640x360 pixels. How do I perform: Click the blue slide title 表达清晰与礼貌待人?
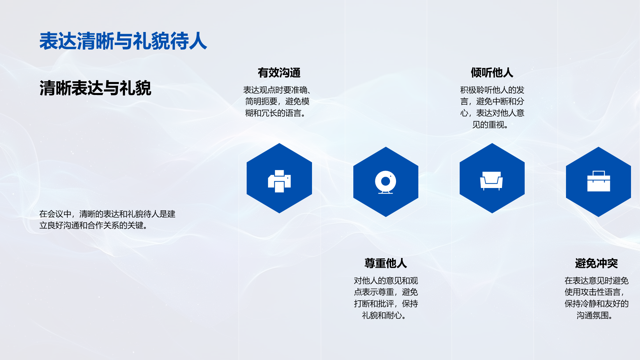(123, 41)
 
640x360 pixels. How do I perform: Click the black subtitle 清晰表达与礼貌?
(95, 88)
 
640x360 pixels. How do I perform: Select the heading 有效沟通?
(279, 73)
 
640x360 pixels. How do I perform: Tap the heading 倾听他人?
(492, 73)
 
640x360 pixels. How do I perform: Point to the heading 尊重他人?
(386, 263)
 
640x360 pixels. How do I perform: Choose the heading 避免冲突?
(596, 263)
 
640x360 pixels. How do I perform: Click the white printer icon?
(279, 181)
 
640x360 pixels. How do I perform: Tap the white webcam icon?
(386, 182)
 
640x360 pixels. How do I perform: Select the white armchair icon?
(491, 181)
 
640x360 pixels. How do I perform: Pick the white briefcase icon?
(599, 181)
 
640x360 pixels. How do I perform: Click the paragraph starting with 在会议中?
(107, 220)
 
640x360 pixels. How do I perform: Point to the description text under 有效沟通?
(277, 102)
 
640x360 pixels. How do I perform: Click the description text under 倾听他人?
(492, 107)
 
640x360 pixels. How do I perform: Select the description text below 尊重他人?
(386, 298)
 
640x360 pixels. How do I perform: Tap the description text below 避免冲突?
(596, 298)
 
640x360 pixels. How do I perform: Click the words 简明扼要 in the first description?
(261, 101)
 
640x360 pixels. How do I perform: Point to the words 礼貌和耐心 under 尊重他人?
(382, 315)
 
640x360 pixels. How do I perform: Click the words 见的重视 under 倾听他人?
(488, 125)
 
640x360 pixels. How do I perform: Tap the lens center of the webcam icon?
(386, 181)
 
